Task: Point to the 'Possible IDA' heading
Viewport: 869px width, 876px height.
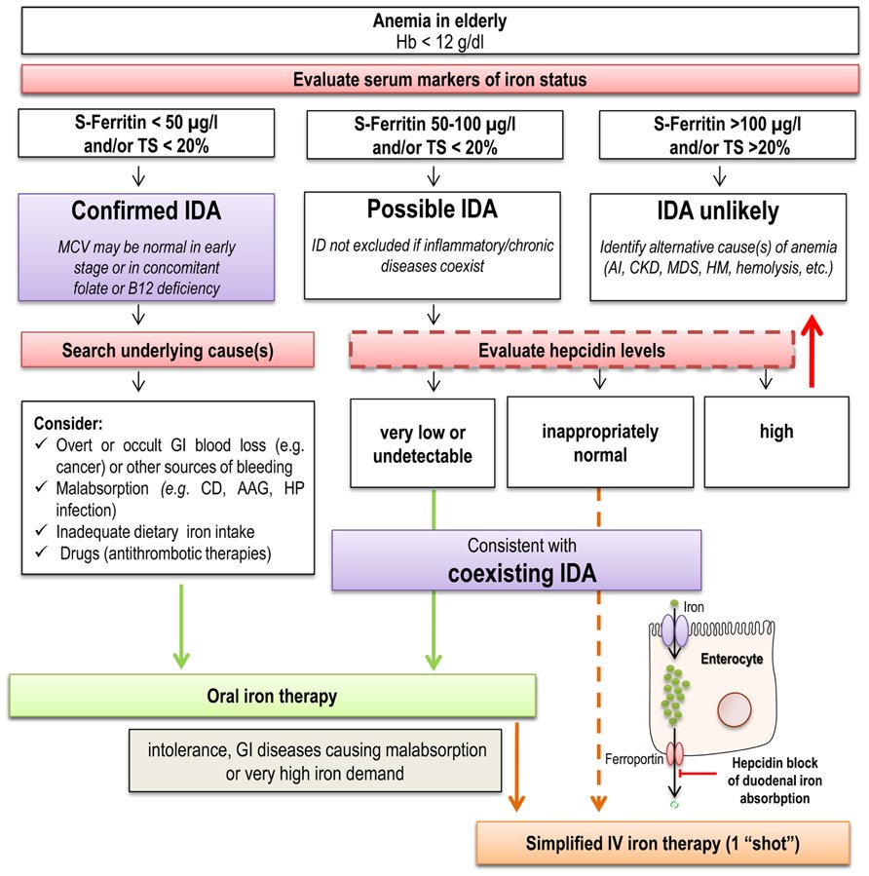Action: click(432, 209)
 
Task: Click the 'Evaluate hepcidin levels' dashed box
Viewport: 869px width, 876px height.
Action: click(571, 350)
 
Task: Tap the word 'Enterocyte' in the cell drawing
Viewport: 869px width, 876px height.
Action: click(733, 660)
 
